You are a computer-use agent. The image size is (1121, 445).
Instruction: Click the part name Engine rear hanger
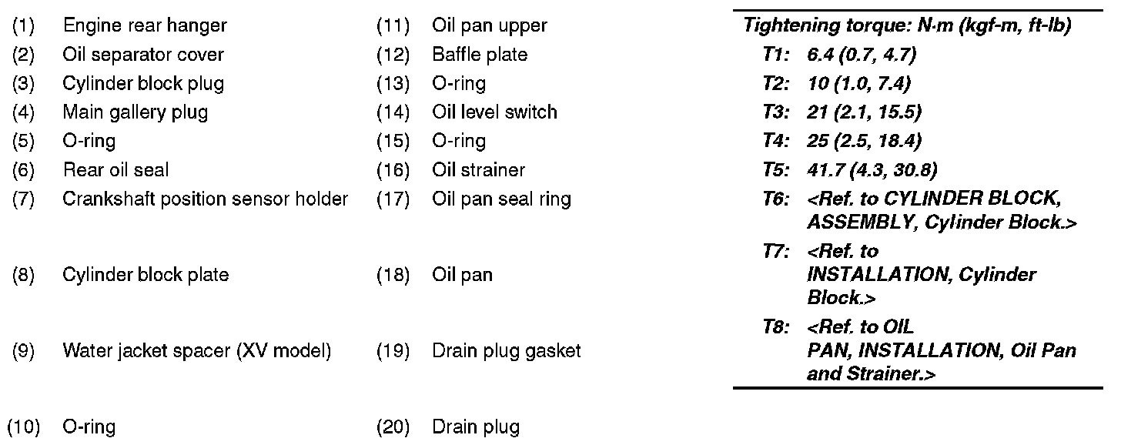click(145, 25)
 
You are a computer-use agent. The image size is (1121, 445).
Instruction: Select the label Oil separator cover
click(143, 55)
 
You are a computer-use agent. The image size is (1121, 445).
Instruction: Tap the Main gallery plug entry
click(135, 112)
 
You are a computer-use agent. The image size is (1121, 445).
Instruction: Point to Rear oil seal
click(115, 170)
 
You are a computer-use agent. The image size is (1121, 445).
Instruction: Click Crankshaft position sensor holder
click(205, 199)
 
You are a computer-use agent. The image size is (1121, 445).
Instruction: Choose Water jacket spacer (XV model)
click(196, 351)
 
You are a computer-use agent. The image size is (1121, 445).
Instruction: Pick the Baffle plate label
click(480, 55)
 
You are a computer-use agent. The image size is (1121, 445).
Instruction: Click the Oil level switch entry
click(494, 112)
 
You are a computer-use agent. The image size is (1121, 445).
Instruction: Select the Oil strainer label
click(478, 170)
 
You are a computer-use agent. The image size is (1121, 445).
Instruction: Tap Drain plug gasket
click(506, 351)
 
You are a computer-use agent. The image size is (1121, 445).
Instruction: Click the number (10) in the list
click(22, 427)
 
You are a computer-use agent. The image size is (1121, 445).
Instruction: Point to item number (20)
click(393, 427)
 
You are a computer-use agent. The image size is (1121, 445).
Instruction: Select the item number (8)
click(23, 275)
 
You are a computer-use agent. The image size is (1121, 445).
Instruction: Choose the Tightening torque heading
click(907, 25)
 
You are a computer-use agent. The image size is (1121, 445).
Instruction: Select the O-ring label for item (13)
click(459, 83)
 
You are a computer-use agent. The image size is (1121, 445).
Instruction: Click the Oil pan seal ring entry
click(501, 199)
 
